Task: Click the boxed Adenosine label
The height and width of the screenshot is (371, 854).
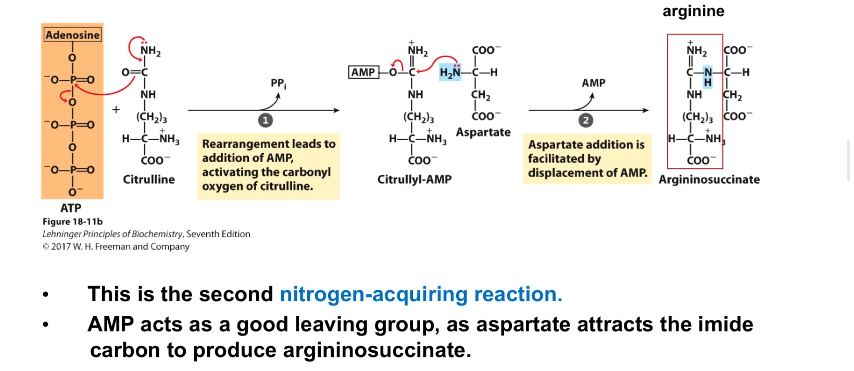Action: (72, 35)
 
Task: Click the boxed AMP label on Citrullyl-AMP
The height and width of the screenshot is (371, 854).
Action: (363, 72)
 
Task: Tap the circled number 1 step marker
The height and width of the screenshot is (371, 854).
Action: (266, 120)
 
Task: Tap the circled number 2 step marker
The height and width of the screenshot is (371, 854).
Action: (586, 120)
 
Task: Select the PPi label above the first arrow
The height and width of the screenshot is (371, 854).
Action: (278, 83)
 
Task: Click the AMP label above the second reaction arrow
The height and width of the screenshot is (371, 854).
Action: (594, 83)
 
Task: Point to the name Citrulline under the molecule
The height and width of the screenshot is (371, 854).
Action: (149, 179)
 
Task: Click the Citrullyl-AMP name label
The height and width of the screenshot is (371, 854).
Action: (415, 179)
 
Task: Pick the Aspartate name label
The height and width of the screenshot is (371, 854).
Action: (483, 132)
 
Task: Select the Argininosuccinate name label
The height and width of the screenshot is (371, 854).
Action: (709, 179)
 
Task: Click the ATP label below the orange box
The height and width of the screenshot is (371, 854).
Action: (71, 208)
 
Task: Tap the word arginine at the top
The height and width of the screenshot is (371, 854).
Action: (693, 11)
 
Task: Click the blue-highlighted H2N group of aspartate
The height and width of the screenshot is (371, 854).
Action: (450, 72)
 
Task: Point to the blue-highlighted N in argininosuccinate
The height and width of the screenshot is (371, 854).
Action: (708, 72)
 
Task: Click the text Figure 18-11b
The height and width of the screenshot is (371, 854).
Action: (72, 221)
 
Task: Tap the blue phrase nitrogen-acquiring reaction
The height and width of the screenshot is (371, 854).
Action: (421, 294)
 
